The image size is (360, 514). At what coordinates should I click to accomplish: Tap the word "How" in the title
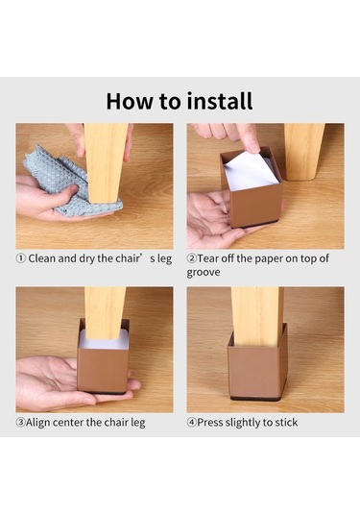(x=130, y=101)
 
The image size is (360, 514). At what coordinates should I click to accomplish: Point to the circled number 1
(x=20, y=258)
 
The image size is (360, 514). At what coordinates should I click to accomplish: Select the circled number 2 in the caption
(x=192, y=258)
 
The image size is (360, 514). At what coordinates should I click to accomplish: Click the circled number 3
(x=20, y=422)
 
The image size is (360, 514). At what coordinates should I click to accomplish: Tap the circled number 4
(x=192, y=422)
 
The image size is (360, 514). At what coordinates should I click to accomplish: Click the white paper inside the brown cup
(x=251, y=170)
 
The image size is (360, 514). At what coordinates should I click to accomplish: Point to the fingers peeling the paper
(x=229, y=136)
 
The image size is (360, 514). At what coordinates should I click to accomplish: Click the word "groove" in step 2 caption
(x=204, y=273)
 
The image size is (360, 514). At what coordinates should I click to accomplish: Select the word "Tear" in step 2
(x=207, y=258)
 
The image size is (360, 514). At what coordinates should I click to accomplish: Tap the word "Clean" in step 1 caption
(x=41, y=258)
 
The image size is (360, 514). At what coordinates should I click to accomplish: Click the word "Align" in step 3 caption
(x=37, y=422)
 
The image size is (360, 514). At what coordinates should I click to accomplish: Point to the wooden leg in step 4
(x=256, y=316)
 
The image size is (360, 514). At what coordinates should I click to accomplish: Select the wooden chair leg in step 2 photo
(x=303, y=151)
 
